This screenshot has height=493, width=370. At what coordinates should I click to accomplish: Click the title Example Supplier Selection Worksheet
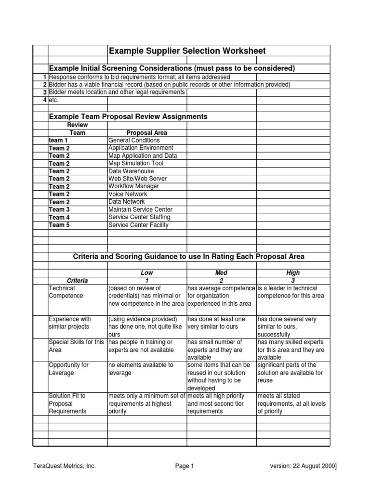[x=187, y=51]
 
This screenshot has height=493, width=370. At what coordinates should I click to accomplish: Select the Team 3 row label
[x=59, y=209]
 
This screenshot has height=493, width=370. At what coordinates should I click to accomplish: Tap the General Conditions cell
[x=134, y=141]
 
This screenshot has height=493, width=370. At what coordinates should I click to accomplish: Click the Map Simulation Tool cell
[x=136, y=163]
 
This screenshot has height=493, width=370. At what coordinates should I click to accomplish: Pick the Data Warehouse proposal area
[x=131, y=171]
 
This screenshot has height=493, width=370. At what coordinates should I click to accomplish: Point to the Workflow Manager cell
[x=133, y=186]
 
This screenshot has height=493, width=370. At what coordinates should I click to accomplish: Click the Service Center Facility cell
[x=139, y=225]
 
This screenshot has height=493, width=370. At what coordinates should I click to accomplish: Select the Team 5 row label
[x=59, y=225]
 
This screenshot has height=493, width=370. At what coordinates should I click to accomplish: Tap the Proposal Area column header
[x=146, y=132]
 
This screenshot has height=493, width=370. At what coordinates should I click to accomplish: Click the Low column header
[x=146, y=272]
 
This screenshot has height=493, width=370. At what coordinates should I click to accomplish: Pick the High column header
[x=293, y=272]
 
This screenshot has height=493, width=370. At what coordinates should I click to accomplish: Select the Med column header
[x=222, y=272]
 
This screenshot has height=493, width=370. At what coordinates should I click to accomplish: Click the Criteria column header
[x=77, y=281]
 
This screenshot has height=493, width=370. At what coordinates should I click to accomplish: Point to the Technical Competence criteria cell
[x=66, y=292]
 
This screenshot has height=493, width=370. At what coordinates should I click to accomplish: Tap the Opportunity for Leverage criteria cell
[x=69, y=369]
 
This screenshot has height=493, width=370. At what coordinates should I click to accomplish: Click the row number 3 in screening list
[x=44, y=92]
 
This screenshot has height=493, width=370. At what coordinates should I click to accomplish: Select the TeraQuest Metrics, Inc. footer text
[x=65, y=466]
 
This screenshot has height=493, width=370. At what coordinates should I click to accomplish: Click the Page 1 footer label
[x=185, y=466]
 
